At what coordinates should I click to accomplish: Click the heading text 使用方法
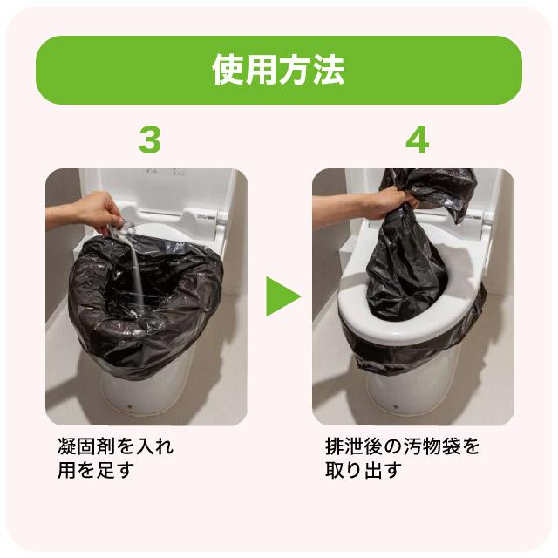coord(278,71)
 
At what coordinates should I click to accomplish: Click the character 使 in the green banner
coord(228,71)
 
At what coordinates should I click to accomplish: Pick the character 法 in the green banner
coord(328,71)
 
